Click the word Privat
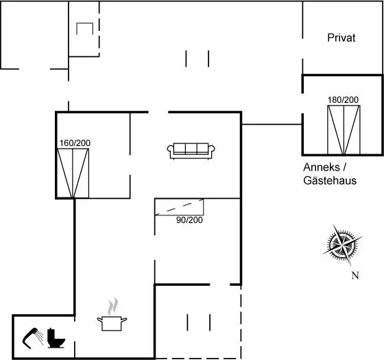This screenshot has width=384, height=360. point(341,38)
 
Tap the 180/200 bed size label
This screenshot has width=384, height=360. point(343,99)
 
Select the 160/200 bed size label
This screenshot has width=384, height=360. point(75,143)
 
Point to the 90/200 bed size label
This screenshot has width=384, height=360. point(189,219)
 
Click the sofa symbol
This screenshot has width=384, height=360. point(191,151)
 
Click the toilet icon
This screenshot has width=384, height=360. point(56,338)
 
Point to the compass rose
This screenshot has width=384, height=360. point(342,244)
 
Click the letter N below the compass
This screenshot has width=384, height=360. point(355,276)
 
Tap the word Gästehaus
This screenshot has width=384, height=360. point(330,180)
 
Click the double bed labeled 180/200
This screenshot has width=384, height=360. point(344,130)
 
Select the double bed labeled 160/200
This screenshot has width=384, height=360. point(73,173)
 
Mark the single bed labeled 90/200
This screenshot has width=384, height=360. point(179,207)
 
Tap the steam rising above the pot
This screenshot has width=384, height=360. point(113,306)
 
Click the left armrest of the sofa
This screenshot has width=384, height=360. point(170,149)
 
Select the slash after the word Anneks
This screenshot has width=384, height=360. point(344,167)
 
